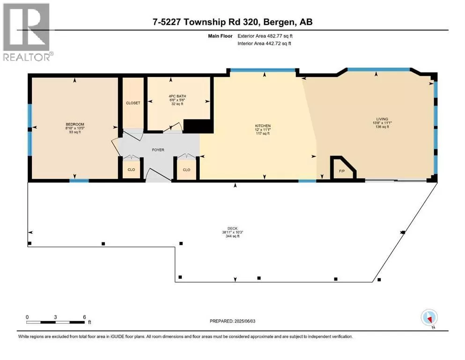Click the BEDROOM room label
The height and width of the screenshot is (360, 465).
click(75, 124)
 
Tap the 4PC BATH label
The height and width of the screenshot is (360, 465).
click(177, 96)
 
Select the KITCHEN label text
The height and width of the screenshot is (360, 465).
click(263, 126)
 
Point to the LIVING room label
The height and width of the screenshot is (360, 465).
click(382, 119)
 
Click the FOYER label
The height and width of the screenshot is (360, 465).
click(158, 150)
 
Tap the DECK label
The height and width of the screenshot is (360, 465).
click(232, 229)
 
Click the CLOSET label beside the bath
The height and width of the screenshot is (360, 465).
click(133, 103)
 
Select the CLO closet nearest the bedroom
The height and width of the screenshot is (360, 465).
click(131, 170)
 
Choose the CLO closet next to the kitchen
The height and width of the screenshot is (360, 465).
click(186, 170)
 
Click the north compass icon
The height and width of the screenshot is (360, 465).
click(429, 318)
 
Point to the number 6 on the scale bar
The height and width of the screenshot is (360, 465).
click(84, 317)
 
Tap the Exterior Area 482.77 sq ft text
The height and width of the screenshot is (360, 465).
click(265, 36)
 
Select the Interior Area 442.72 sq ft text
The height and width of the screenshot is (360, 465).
click(264, 43)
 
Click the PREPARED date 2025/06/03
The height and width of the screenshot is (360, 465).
click(244, 321)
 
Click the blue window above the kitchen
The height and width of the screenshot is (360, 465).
click(263, 70)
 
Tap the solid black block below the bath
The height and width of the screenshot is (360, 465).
click(198, 126)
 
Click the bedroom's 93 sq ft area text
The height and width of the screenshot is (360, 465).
click(75, 132)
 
